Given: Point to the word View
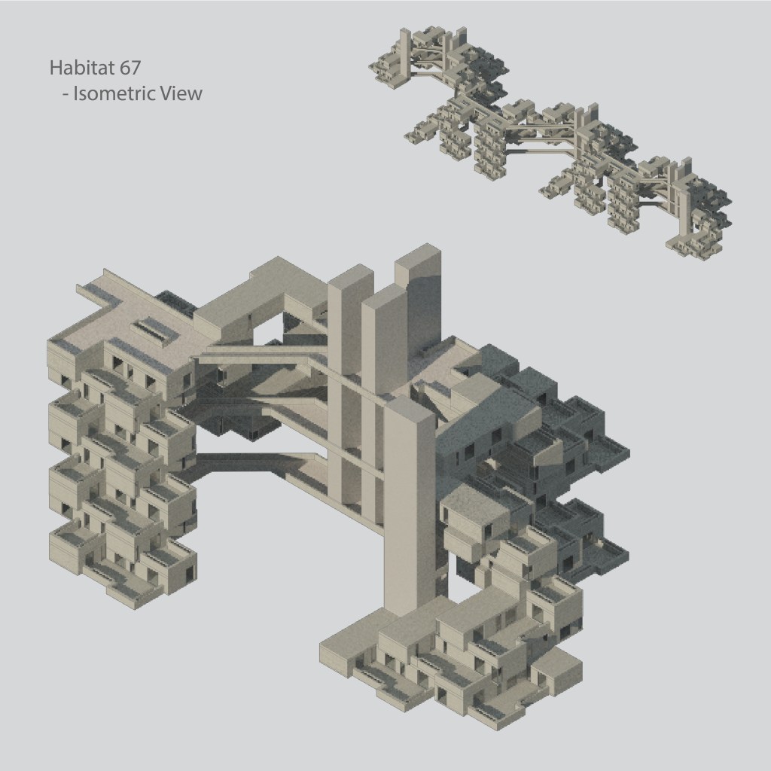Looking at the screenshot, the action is (182, 93).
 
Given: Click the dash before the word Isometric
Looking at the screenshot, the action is (66, 94).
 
